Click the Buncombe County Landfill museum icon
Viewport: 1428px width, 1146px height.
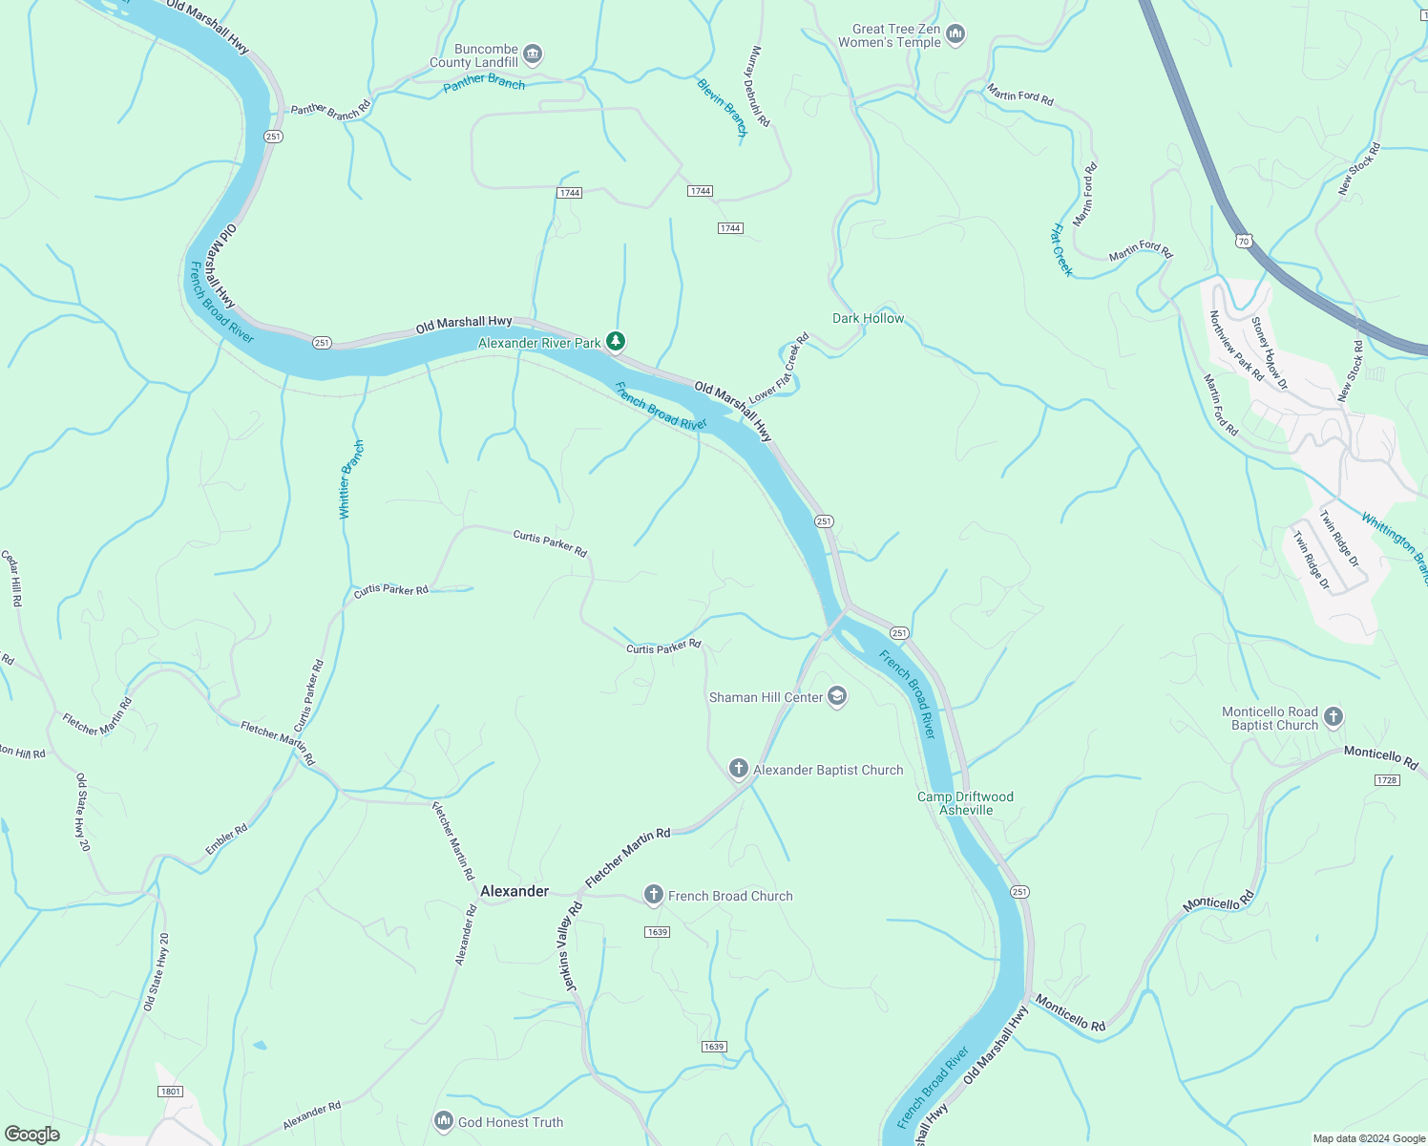pos(534,53)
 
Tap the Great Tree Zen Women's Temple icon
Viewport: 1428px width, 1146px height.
pos(955,35)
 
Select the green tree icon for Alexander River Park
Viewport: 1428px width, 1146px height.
pos(617,341)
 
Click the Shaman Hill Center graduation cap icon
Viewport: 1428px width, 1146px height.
pos(837,696)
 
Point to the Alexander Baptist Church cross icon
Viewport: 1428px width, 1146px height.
pos(738,769)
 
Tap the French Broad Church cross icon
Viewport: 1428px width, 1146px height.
pos(653,895)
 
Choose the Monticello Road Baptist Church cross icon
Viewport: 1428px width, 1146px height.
pos(1333,716)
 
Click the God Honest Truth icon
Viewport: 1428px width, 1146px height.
pos(443,1121)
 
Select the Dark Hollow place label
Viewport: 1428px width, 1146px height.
pos(868,318)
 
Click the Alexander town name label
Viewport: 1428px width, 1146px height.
pos(514,891)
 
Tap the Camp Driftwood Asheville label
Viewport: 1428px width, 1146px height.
pos(965,803)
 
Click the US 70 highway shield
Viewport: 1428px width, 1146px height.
pos(1243,241)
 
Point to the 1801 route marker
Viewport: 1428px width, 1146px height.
pos(171,1091)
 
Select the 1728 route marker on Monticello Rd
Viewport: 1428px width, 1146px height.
pos(1387,780)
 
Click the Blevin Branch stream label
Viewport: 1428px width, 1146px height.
pos(722,107)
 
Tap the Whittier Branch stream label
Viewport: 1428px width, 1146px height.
pos(351,479)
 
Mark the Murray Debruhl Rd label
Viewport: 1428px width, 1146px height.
pos(758,87)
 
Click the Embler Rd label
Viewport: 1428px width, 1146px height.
pos(226,839)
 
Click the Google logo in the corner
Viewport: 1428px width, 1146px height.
pos(31,1134)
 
